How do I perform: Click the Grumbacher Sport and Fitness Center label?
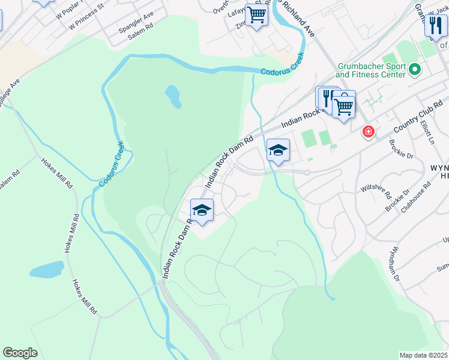coord(370,70)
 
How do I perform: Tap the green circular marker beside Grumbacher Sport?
coord(414,70)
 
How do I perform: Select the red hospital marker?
coord(367,131)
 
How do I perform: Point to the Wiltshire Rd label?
coord(376,192)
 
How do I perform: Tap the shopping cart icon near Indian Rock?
coord(343,106)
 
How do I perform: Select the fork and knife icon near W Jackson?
coord(436,25)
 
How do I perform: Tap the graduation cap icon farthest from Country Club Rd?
coord(202,210)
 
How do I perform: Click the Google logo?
coord(20,353)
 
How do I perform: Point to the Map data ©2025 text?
coord(423,355)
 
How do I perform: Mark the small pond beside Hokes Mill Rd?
coord(47,269)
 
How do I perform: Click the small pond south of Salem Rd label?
coord(172,95)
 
